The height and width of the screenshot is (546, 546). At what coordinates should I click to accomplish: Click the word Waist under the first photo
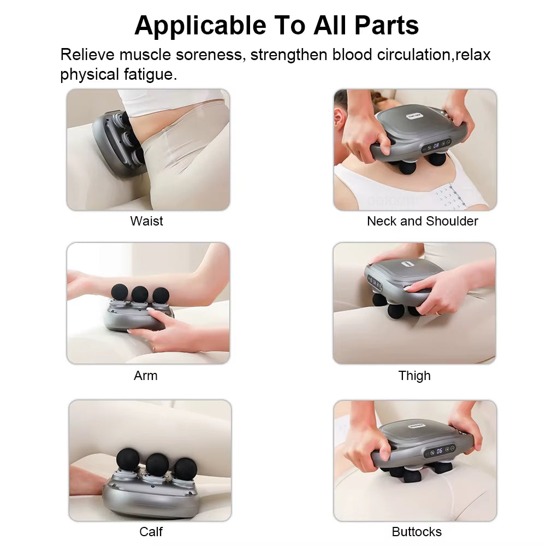tap(146, 221)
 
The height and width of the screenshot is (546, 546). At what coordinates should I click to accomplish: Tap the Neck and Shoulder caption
tap(422, 221)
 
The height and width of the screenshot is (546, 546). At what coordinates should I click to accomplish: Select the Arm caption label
tap(145, 376)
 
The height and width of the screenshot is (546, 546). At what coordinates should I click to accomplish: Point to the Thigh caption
tap(414, 376)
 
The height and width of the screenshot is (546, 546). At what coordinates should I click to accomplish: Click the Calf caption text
tap(151, 531)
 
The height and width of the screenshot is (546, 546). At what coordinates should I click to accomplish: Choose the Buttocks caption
tap(417, 531)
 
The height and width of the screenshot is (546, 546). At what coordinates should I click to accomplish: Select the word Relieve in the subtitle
tap(87, 55)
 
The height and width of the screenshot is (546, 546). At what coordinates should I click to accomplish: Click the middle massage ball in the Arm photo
tap(140, 293)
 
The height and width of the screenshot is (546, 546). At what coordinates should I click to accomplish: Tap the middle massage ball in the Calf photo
tap(157, 464)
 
